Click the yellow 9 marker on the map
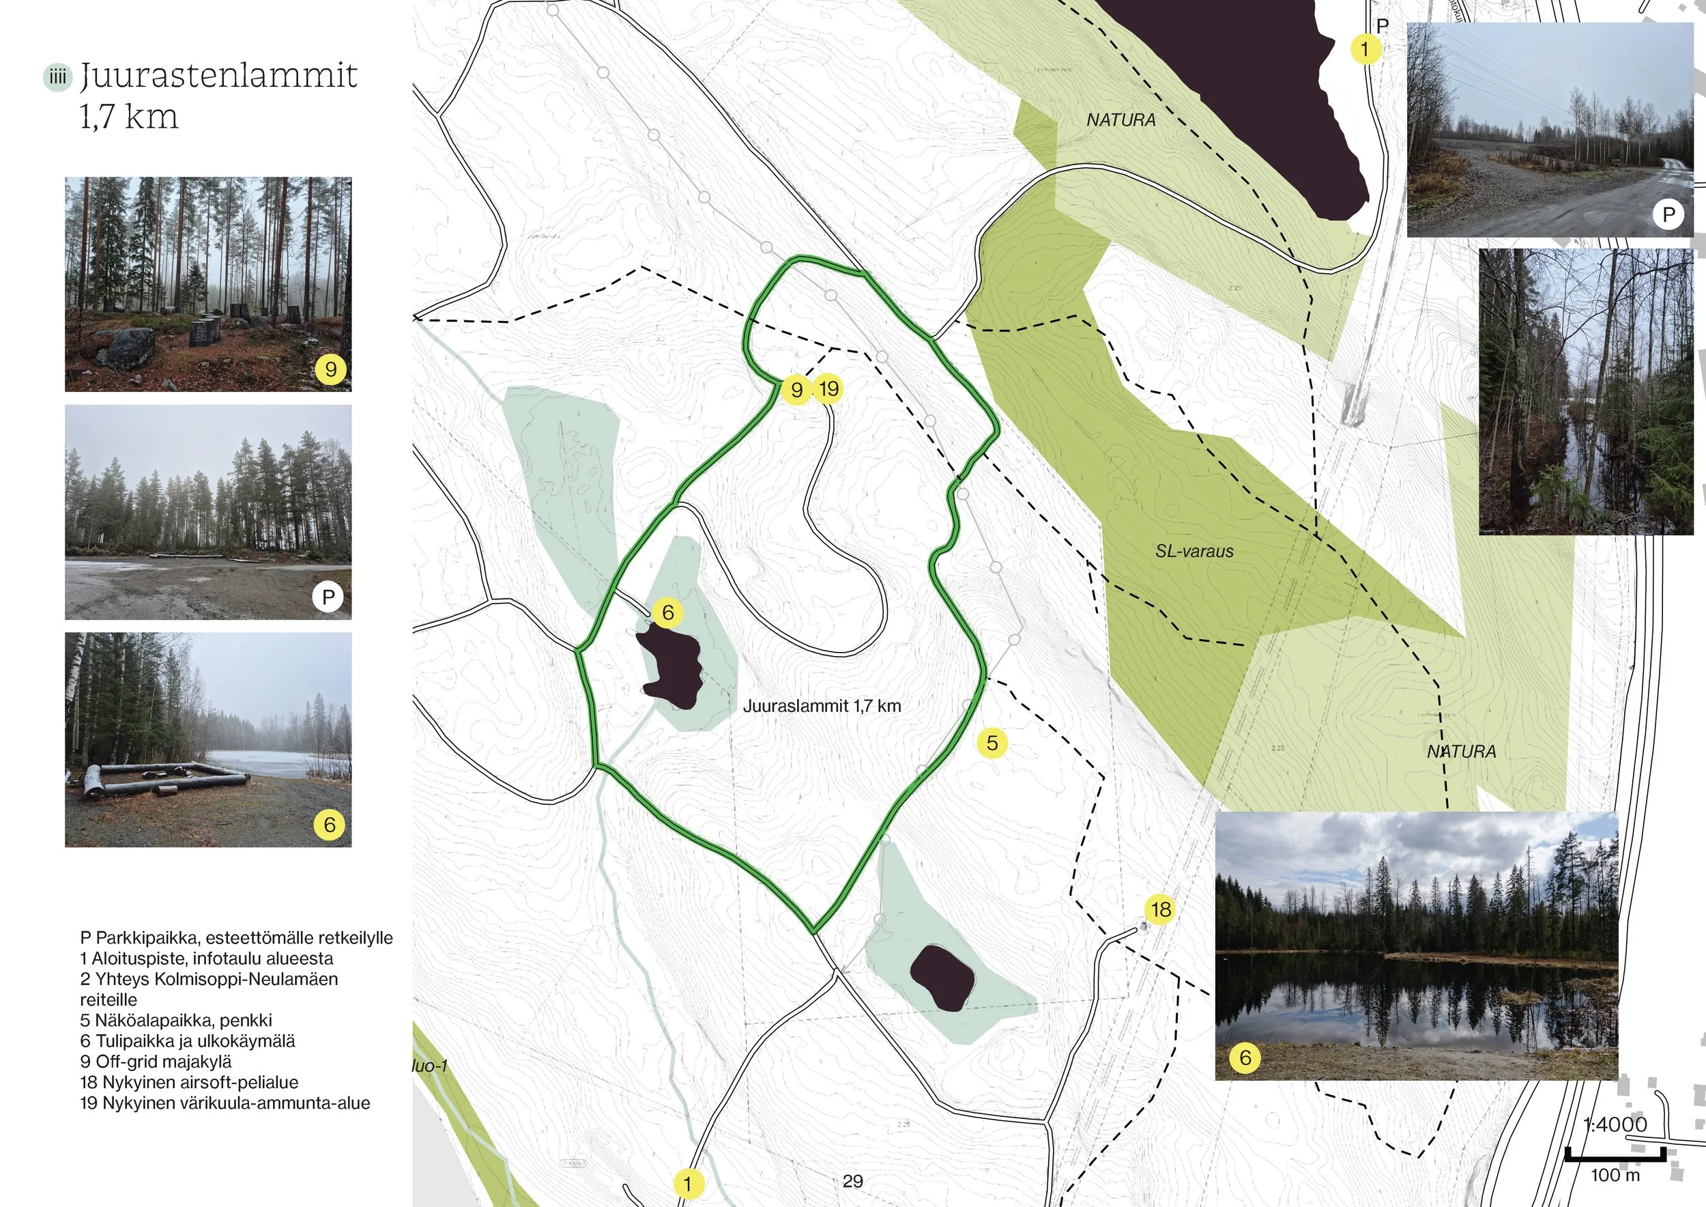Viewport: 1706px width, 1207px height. pos(796,389)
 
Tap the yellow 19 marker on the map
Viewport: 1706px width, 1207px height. pos(828,388)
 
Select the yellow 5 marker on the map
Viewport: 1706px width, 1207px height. pos(992,743)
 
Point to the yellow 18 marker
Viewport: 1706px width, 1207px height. pos(1161,909)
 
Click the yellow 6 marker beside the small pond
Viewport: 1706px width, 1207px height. pos(667,612)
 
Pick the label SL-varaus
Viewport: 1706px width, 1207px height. pos(1194,552)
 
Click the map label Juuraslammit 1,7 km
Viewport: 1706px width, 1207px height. pos(822,706)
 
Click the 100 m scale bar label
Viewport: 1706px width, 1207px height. pos(1615,1175)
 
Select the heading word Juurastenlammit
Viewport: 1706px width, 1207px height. pos(218,75)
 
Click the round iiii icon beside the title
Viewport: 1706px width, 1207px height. pos(57,77)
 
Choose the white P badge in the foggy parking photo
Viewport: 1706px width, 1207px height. pos(328,596)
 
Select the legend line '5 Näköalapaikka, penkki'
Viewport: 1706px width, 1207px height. pos(176,1021)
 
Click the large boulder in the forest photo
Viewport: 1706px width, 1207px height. pos(126,347)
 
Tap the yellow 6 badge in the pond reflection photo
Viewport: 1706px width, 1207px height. pos(1245,1057)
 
